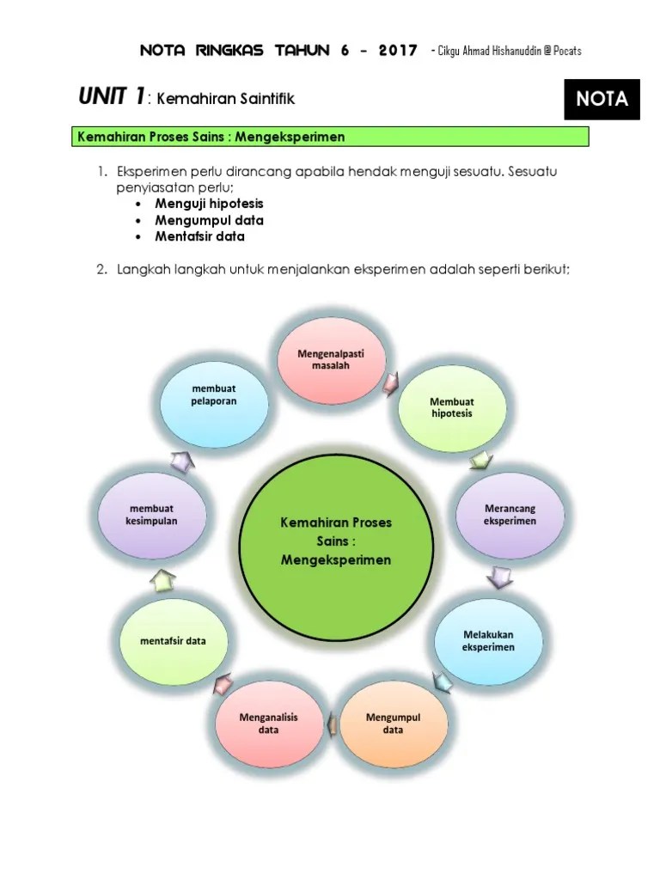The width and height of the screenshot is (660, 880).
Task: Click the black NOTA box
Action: click(x=602, y=99)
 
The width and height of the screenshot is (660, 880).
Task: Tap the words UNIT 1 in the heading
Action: click(x=111, y=98)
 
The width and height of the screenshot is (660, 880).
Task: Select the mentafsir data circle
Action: click(x=173, y=641)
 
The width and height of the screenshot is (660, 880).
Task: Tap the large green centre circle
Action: click(x=335, y=542)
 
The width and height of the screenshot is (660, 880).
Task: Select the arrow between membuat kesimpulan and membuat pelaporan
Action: click(x=182, y=461)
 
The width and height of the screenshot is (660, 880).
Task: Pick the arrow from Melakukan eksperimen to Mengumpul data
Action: click(x=443, y=682)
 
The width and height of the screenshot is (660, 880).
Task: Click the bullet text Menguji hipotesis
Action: click(x=209, y=204)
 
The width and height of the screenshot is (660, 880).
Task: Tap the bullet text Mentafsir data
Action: click(x=199, y=236)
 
